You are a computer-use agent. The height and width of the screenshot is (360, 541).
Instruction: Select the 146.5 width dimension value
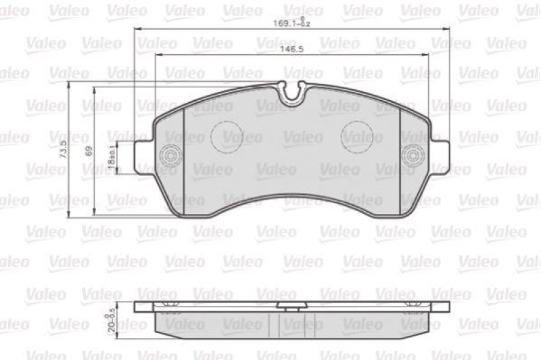click(292, 49)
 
